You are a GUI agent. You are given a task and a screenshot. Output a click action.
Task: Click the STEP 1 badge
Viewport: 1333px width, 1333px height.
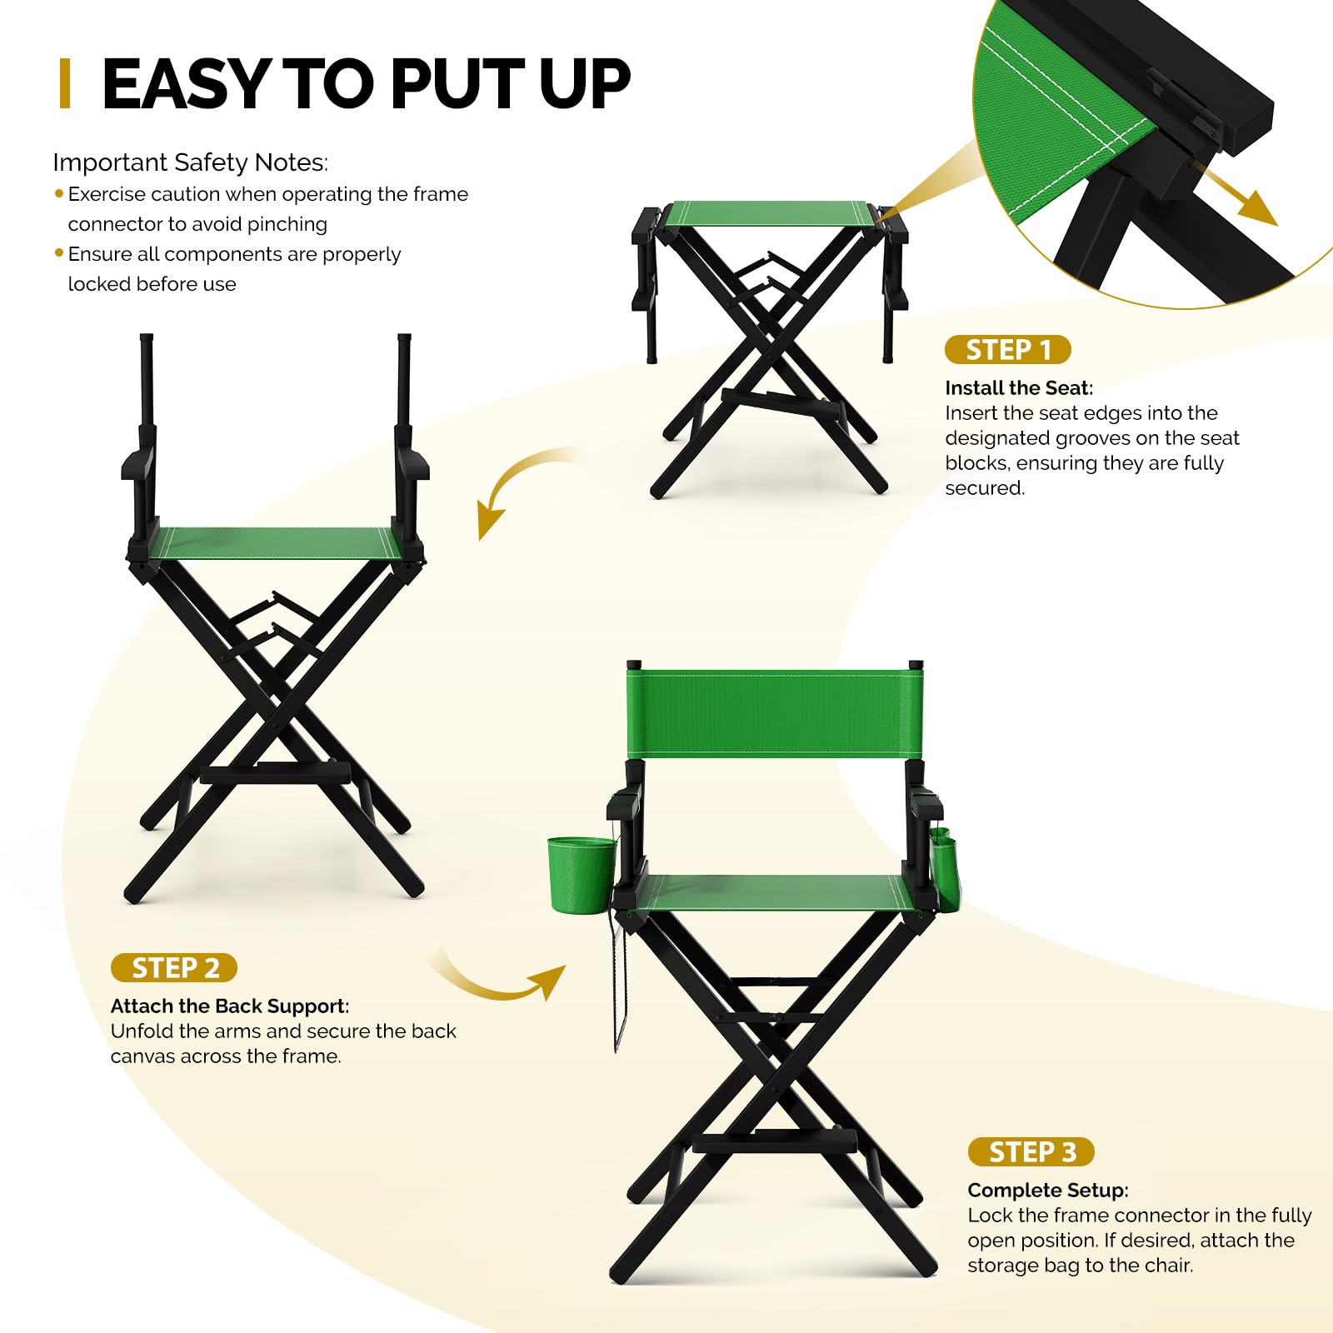[x=1007, y=350]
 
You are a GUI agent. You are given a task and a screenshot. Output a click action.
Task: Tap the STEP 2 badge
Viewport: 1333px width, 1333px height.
[x=174, y=968]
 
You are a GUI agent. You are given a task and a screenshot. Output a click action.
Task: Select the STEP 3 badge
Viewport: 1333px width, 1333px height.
[x=1031, y=1152]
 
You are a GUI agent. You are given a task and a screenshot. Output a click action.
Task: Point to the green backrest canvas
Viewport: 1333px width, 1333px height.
[x=775, y=712]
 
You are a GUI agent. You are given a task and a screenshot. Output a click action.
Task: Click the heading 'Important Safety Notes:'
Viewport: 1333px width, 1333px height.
[x=191, y=162]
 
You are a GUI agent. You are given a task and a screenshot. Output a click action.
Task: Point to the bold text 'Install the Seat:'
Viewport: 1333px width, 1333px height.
[x=1019, y=388]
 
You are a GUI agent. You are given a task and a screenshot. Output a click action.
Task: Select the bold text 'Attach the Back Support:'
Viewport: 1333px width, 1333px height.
[x=230, y=1006]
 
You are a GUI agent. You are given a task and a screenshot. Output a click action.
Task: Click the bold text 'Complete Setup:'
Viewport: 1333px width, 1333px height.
[x=1048, y=1191]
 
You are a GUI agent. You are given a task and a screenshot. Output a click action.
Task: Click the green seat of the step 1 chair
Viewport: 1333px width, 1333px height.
[x=770, y=213]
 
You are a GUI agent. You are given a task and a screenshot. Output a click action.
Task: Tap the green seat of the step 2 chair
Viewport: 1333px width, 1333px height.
[x=275, y=542]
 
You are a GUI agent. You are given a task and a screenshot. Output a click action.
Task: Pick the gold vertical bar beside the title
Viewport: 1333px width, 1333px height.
[x=65, y=84]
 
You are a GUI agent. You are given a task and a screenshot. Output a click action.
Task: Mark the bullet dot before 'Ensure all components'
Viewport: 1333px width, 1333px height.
[x=59, y=252]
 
